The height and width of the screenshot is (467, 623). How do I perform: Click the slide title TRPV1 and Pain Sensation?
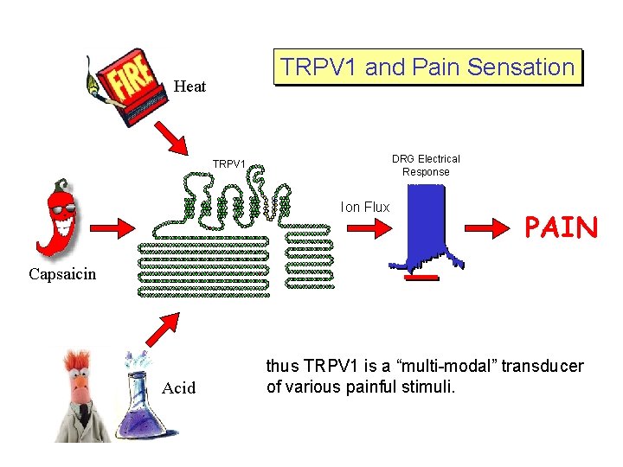[427, 67]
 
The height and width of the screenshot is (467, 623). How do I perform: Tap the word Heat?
[189, 86]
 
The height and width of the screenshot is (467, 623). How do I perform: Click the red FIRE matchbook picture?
[129, 80]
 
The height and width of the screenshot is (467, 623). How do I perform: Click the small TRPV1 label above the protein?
[229, 163]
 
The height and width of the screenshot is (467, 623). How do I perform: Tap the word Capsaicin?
[62, 274]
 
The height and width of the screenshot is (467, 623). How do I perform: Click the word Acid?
[179, 387]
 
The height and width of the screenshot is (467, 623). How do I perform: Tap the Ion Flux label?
[365, 208]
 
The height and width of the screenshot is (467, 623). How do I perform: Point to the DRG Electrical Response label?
[426, 165]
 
